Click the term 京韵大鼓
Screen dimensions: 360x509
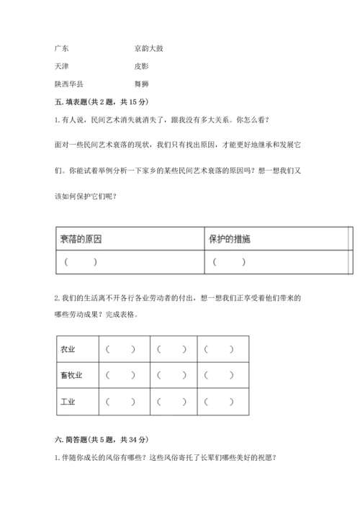[153, 49]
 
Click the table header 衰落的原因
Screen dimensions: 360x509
[81, 239]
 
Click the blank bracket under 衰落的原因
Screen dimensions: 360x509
[80, 262]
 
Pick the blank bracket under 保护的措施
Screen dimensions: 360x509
[229, 262]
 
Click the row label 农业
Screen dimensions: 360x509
[68, 350]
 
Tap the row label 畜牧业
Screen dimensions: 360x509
[71, 375]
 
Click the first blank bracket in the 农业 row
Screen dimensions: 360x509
[120, 350]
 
